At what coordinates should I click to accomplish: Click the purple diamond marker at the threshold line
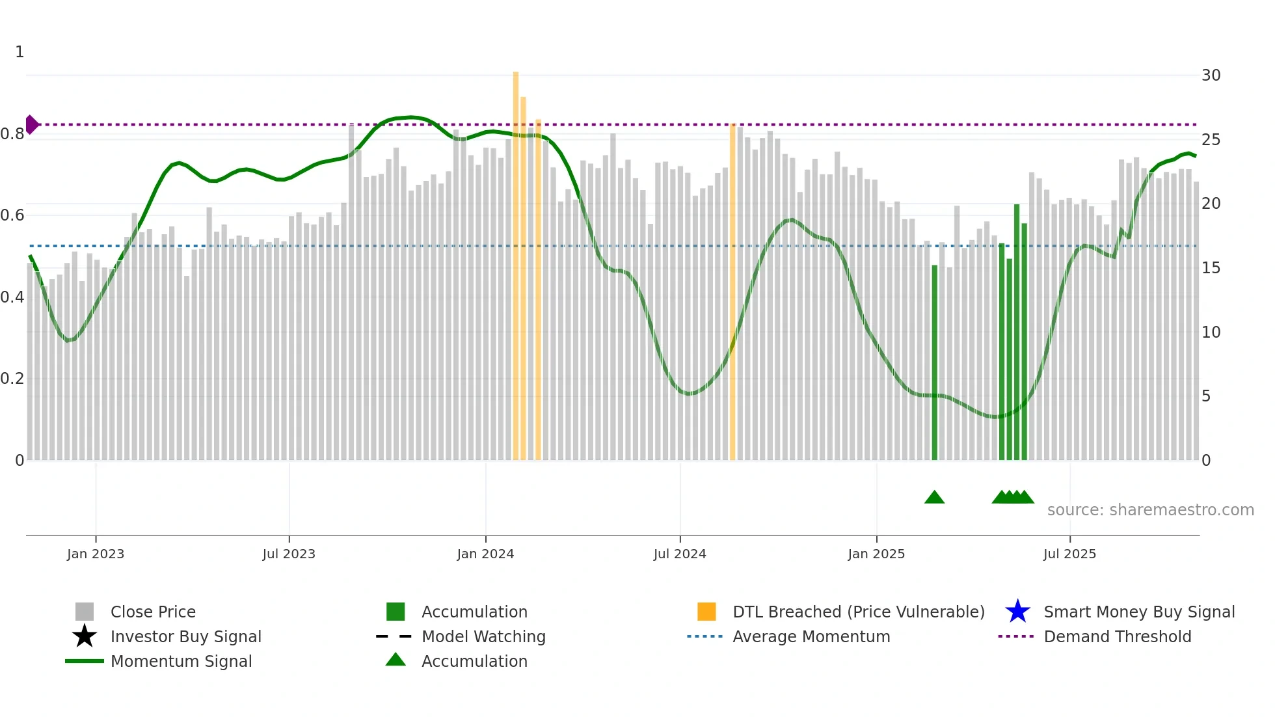(31, 124)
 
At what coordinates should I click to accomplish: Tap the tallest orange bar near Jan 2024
(516, 260)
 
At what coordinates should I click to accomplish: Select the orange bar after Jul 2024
(732, 293)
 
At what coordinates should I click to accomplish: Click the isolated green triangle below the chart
(934, 498)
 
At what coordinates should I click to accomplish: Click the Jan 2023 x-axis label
(96, 554)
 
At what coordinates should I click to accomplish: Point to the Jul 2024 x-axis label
(680, 554)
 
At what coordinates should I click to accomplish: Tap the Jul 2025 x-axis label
(1069, 554)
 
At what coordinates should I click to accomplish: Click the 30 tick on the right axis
(1211, 75)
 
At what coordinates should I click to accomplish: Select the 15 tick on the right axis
(1211, 268)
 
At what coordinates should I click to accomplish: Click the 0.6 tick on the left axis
(12, 215)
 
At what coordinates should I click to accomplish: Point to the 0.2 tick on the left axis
(12, 379)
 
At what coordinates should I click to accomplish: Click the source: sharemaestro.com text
(1150, 510)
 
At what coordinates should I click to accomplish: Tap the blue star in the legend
(1017, 612)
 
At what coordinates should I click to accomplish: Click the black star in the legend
(85, 636)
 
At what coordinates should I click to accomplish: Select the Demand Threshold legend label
(1117, 636)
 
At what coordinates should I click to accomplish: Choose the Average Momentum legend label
(811, 636)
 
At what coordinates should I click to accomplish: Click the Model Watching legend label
(483, 636)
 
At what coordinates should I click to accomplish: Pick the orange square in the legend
(706, 612)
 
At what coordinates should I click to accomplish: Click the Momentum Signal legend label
(181, 661)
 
